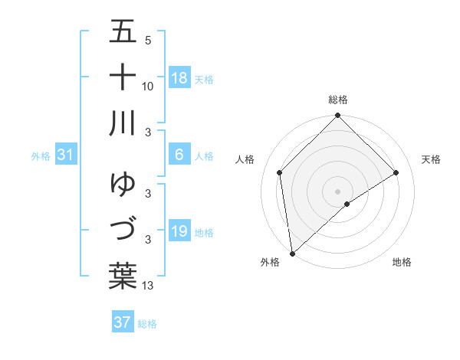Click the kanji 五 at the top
point(122,32)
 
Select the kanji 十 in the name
point(122,77)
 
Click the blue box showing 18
point(179,77)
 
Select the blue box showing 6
point(179,155)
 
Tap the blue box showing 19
point(179,231)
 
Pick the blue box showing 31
point(66,155)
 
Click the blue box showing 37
point(122,322)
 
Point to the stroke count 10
point(148,86)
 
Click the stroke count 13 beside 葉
point(148,286)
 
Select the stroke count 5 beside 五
point(148,41)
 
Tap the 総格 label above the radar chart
point(338,100)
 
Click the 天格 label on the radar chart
point(432,159)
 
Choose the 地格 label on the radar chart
point(402,262)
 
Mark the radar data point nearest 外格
point(292,254)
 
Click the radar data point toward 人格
point(280,172)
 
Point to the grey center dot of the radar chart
point(337,191)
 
